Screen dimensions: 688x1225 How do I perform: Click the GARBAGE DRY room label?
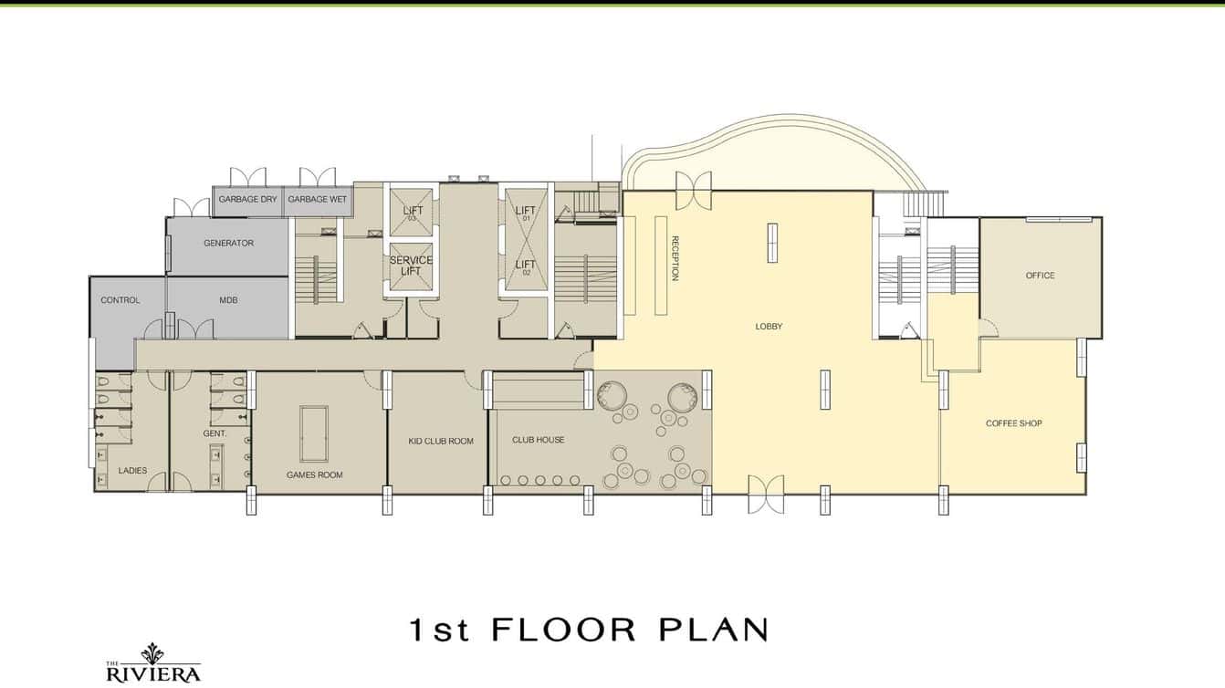point(247,199)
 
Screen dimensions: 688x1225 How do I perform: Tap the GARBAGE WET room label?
point(317,199)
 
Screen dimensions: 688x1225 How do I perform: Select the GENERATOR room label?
point(228,244)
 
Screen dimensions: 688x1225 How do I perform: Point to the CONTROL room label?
point(120,300)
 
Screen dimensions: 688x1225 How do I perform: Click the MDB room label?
point(228,300)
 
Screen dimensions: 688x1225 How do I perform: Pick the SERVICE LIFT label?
point(411,266)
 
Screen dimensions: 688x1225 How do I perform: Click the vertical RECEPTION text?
point(675,258)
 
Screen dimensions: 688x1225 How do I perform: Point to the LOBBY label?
point(769,327)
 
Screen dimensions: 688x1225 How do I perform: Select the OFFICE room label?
point(1040,276)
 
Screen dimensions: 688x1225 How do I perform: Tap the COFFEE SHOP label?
point(1013,423)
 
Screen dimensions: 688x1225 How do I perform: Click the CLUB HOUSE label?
point(538,440)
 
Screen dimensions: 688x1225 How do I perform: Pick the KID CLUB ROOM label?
point(441,442)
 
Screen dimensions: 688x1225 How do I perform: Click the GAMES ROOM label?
point(314,474)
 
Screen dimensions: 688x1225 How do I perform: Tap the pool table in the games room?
point(314,433)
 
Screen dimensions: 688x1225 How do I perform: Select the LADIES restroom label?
point(132,471)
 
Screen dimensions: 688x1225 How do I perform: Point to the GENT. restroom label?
point(215,433)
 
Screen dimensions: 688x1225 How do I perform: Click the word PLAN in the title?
point(713,630)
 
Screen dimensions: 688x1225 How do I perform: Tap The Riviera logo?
point(152,664)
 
